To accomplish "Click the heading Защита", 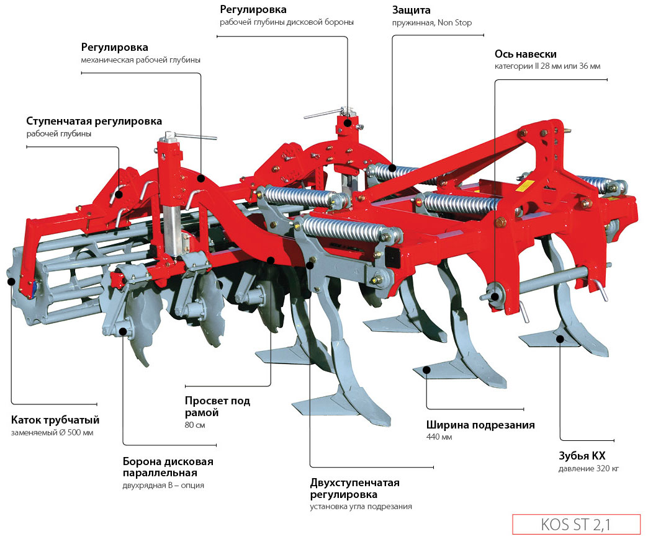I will pos(411,11).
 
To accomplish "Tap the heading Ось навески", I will pos(525,54).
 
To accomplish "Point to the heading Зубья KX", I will pos(582,456).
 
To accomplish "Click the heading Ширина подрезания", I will pos(480,425).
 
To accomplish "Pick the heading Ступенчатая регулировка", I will pos(94,120).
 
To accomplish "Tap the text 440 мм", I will pos(439,437).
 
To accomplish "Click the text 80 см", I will pos(195,425).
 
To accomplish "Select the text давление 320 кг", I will pos(588,468).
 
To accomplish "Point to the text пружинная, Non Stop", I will pos(431,23).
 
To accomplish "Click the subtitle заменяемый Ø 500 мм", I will pos(52,432).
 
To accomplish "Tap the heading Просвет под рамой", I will pos(217,407).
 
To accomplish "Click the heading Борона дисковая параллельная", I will pos(168,467).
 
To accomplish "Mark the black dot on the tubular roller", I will pos(11,282).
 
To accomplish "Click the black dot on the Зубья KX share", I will pos(560,339).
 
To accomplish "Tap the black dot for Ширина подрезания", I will pos(426,370).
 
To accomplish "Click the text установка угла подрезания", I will pos(361,507).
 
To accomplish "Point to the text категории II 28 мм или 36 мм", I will pos(547,66).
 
